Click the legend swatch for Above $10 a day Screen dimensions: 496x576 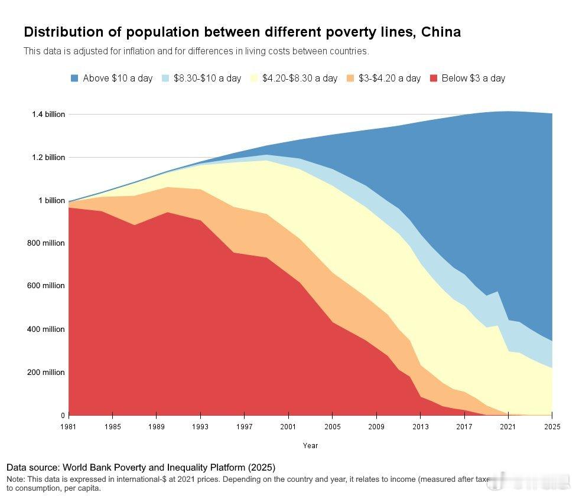pos(74,78)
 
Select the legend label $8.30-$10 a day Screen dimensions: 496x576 pos(207,78)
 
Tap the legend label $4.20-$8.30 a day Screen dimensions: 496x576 pos(300,78)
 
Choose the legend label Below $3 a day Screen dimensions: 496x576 pos(473,78)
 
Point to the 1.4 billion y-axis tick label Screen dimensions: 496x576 pos(48,114)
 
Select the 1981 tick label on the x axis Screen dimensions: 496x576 pos(69,426)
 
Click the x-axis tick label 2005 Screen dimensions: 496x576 pos(333,426)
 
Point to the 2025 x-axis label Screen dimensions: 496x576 pos(552,426)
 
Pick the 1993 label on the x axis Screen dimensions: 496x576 pos(201,426)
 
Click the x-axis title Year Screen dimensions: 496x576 pos(310,446)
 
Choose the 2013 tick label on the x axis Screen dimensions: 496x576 pos(421,426)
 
